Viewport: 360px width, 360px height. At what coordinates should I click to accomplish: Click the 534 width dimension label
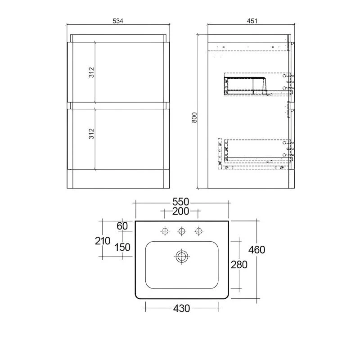click(118, 21)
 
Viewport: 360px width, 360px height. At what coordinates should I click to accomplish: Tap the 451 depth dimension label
click(252, 21)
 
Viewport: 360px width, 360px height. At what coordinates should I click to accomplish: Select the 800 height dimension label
click(194, 117)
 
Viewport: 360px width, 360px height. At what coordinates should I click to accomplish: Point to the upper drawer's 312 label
click(91, 72)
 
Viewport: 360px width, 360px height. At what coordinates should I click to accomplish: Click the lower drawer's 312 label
click(91, 134)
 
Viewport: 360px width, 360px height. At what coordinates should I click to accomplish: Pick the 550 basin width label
click(181, 202)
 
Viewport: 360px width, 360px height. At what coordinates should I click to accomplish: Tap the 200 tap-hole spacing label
click(181, 211)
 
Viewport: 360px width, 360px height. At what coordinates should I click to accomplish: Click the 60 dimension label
click(122, 226)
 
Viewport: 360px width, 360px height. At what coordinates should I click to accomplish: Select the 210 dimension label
click(103, 241)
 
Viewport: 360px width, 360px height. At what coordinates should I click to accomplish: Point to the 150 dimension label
click(122, 247)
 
